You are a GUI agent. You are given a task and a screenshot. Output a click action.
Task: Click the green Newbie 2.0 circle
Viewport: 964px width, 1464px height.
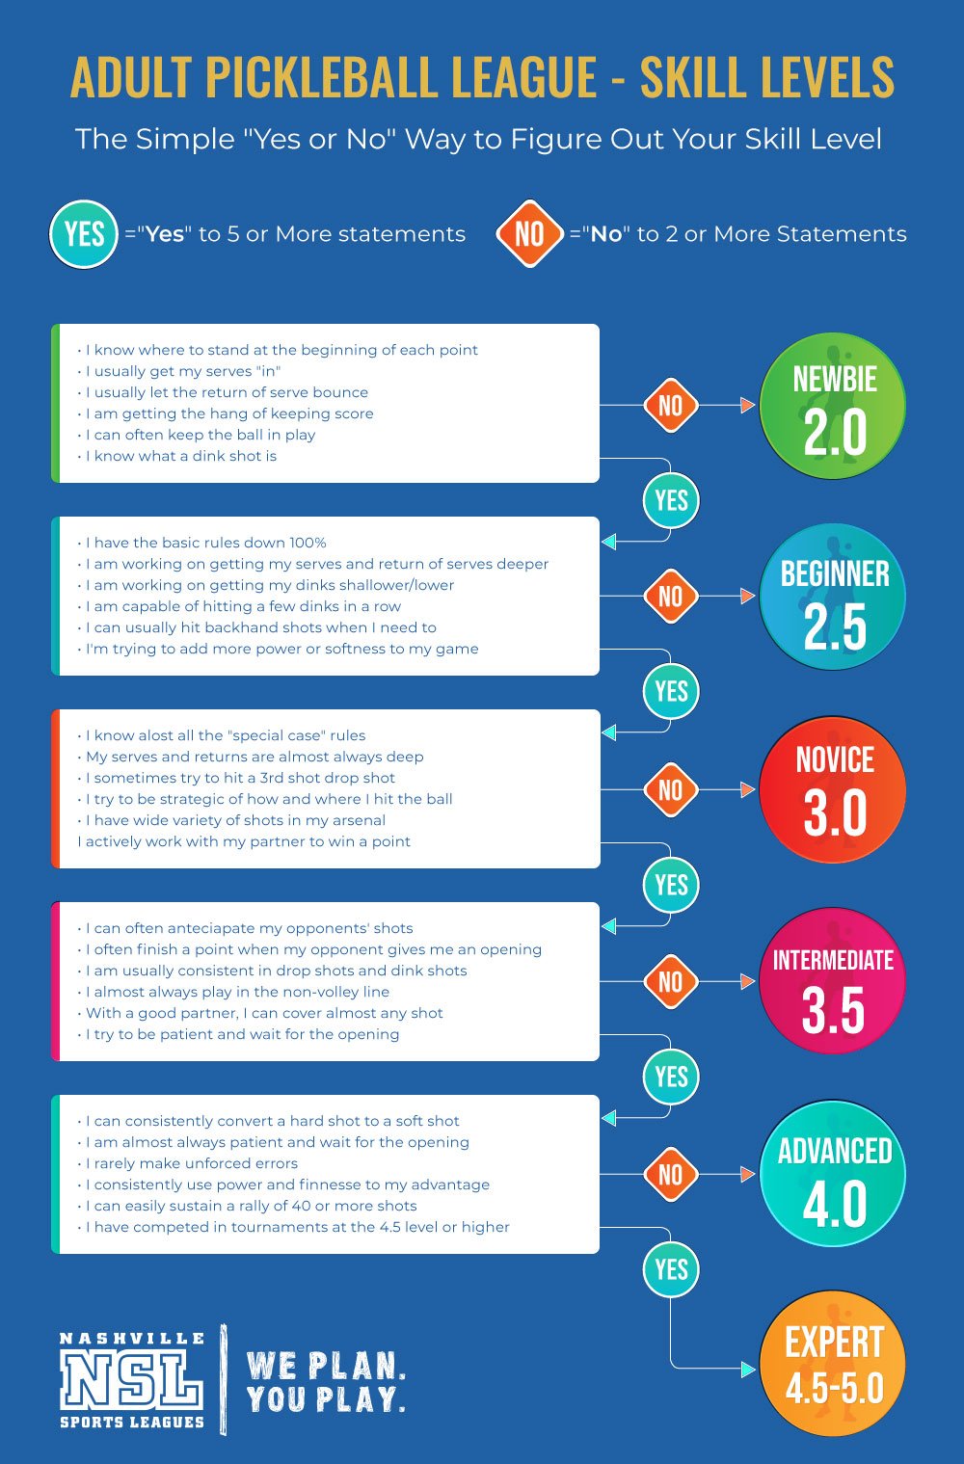click(x=832, y=405)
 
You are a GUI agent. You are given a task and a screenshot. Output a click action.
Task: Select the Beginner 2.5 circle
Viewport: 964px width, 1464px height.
click(x=832, y=597)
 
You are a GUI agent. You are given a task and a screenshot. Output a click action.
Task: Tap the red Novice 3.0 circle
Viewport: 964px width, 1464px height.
click(x=832, y=789)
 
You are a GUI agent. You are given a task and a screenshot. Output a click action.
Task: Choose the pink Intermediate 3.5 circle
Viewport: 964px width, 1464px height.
click(x=832, y=981)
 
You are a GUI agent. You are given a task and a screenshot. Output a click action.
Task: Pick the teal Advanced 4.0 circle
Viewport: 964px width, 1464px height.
click(x=832, y=1174)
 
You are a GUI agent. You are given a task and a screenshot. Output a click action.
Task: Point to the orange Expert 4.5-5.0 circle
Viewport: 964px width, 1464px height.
click(x=832, y=1364)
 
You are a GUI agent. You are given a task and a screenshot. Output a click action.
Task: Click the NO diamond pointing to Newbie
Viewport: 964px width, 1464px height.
click(x=671, y=405)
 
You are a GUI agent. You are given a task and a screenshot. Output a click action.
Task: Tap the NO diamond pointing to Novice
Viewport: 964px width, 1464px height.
click(x=671, y=789)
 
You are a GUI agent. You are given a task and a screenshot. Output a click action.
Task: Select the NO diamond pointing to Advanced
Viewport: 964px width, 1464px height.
click(x=671, y=1175)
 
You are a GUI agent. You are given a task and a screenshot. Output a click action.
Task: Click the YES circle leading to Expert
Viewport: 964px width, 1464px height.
click(x=671, y=1269)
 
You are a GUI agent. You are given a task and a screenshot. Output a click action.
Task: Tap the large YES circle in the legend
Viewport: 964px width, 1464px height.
click(x=84, y=234)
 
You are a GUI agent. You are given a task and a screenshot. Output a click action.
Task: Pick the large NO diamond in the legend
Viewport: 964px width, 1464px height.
click(x=529, y=234)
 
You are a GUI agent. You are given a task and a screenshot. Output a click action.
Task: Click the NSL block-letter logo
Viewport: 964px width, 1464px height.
click(x=131, y=1379)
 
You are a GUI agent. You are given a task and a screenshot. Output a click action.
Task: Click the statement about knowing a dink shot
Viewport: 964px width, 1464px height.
click(x=177, y=456)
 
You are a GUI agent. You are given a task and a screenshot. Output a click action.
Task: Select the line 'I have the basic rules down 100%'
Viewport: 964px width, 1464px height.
click(x=201, y=543)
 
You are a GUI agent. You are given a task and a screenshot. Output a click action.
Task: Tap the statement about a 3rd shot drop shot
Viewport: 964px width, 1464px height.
click(x=236, y=778)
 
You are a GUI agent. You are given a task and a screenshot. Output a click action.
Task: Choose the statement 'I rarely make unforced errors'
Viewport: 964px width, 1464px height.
click(x=188, y=1163)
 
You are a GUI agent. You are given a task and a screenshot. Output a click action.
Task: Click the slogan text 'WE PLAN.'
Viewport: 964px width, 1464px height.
click(x=326, y=1366)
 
